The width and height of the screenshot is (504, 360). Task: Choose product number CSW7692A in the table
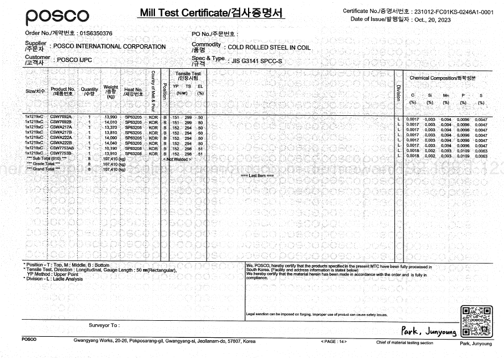tap(61, 116)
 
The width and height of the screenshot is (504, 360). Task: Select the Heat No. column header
tap(133, 91)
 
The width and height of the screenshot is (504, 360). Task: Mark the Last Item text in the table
tap(262, 175)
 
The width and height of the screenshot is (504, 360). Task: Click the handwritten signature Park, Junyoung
tap(430, 331)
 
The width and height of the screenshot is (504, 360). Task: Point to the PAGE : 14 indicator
tap(334, 342)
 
